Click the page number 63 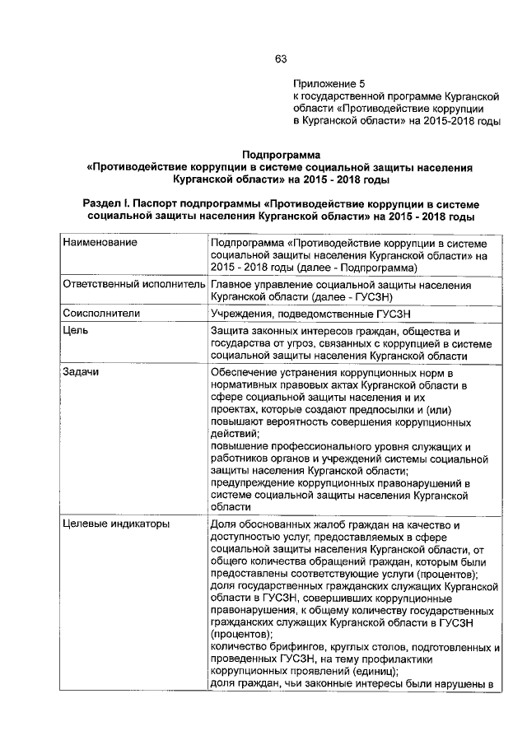pyautogui.click(x=280, y=58)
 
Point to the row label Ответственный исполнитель pyautogui.click(x=133, y=285)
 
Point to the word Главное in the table pyautogui.click(x=233, y=285)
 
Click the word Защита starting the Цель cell pyautogui.click(x=232, y=332)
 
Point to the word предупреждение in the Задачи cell pyautogui.click(x=258, y=482)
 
